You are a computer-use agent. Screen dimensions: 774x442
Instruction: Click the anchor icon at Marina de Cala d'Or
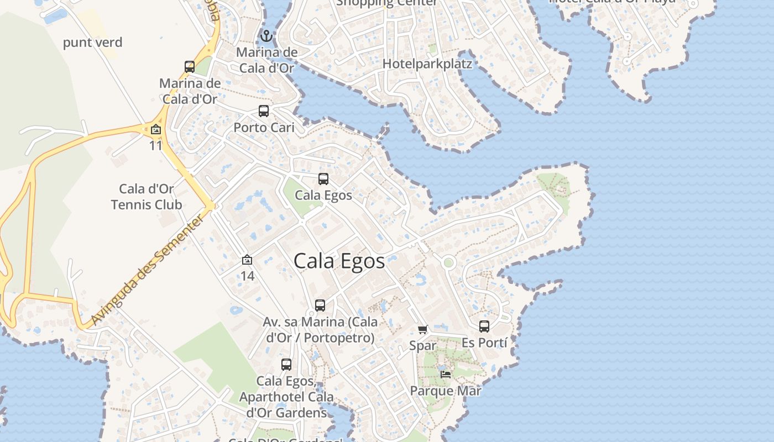pos(266,36)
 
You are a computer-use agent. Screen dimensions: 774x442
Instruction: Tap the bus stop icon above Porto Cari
pos(264,111)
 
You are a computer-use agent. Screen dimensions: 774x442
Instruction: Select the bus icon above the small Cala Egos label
pos(323,179)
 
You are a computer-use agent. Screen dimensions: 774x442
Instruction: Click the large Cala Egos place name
pos(339,261)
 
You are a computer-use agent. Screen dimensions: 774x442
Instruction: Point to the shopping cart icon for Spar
pos(423,330)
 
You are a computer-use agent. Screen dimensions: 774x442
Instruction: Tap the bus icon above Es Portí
pos(484,327)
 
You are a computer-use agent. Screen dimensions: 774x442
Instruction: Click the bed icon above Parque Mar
pos(446,375)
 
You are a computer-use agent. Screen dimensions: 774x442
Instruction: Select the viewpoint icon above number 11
pos(156,130)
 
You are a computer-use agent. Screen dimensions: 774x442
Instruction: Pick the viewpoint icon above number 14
pos(247,260)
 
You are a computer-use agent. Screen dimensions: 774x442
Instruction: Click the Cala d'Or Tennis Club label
pos(147,197)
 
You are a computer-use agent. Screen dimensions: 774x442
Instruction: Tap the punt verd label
pos(93,43)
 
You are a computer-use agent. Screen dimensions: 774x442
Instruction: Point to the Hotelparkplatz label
pos(427,64)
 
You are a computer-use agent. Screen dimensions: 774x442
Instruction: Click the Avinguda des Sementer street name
pos(148,269)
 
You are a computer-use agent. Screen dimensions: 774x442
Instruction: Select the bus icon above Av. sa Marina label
pos(320,306)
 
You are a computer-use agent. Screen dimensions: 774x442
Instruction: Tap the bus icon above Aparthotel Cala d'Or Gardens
pos(286,365)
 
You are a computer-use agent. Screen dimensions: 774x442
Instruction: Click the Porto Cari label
pos(264,128)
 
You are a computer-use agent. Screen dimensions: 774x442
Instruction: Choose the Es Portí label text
pos(484,343)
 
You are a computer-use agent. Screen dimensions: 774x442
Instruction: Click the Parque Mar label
pos(446,391)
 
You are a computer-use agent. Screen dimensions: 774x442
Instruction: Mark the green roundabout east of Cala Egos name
pos(448,262)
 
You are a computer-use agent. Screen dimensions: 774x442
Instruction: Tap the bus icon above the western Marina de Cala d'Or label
pos(190,67)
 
